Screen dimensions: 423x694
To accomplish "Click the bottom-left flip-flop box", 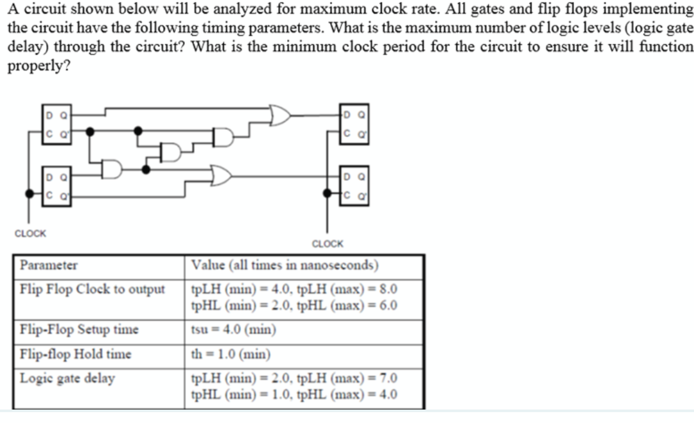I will tap(57, 182).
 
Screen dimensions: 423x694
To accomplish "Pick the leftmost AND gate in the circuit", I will tap(111, 170).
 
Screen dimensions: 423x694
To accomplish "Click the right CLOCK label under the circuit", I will tap(327, 243).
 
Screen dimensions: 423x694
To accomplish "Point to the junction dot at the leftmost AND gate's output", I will tap(146, 170).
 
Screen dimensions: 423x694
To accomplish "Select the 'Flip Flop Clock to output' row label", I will tap(93, 289).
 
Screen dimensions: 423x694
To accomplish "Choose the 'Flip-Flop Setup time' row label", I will tap(79, 330).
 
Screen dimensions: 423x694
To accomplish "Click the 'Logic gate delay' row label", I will tap(67, 378).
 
